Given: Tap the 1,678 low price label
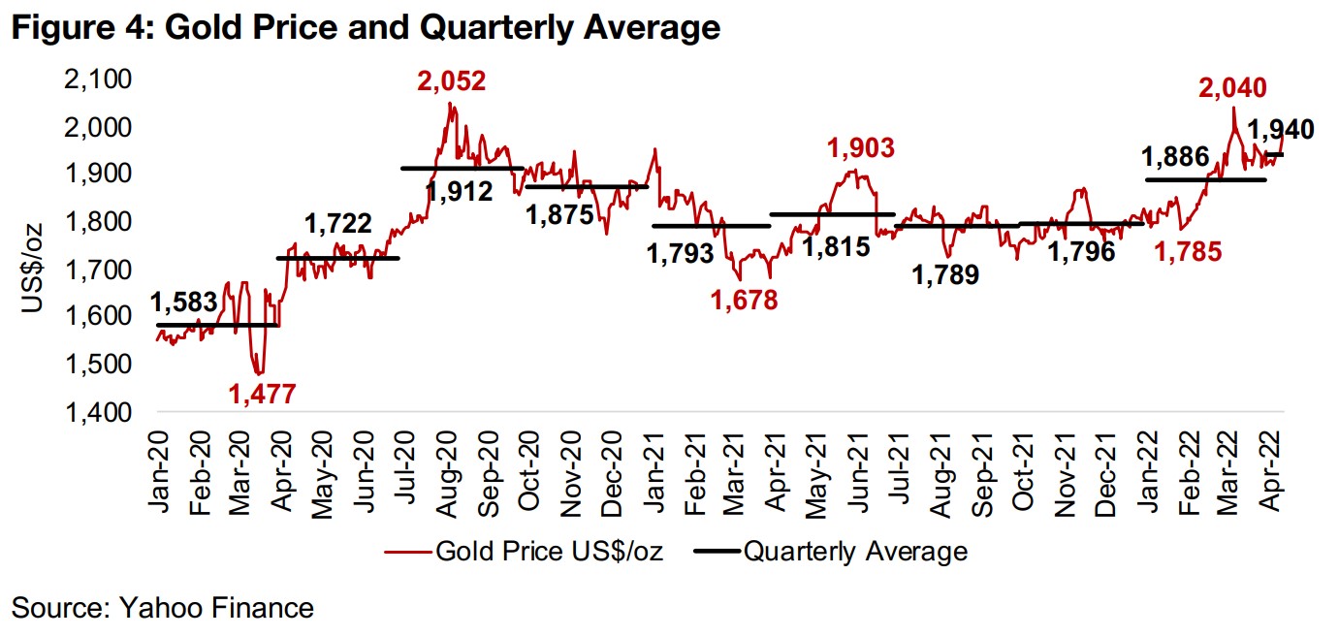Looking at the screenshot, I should click(x=744, y=301).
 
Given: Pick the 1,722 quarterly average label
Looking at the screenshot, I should click(x=338, y=225).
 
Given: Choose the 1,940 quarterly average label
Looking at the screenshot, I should click(x=1279, y=130).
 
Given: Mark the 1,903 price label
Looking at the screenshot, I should click(x=860, y=148).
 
